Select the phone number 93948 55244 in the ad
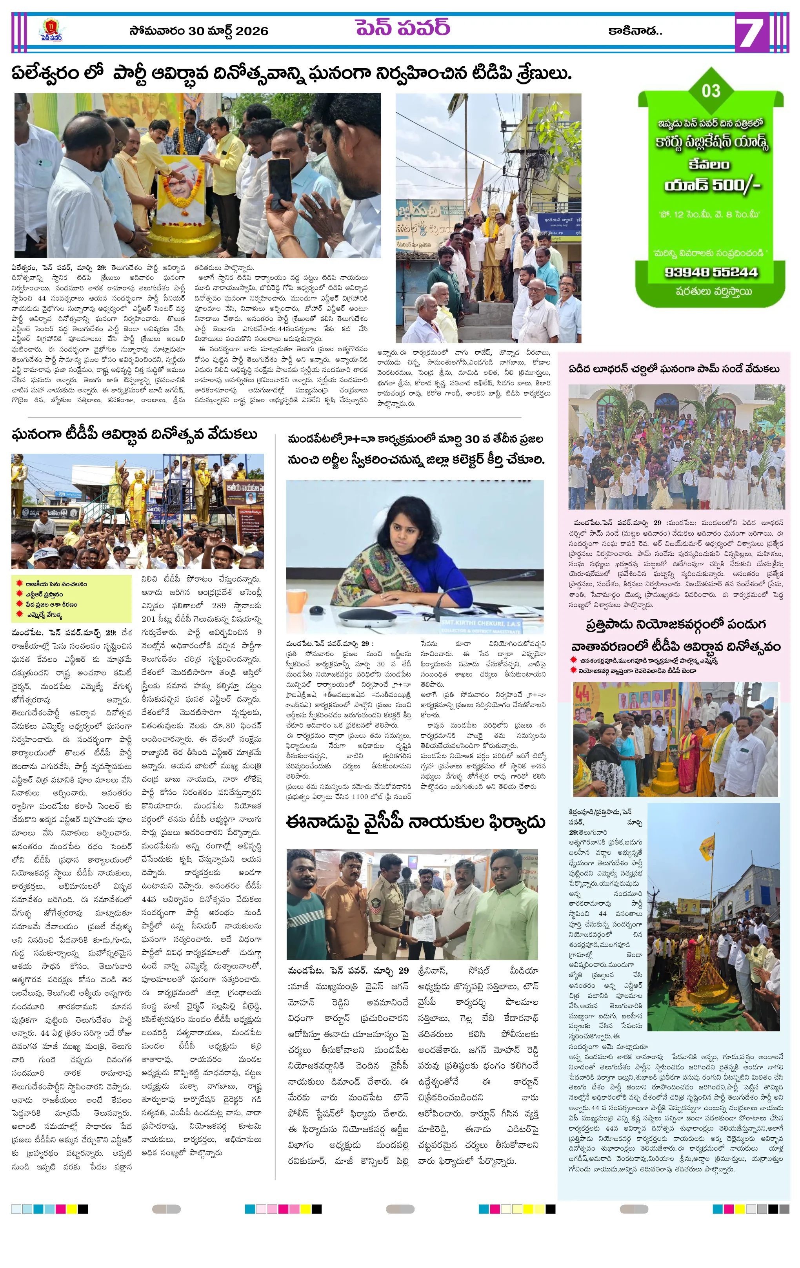click(x=711, y=272)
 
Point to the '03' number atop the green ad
click(x=711, y=91)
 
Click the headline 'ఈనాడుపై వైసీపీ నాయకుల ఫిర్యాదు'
click(x=415, y=823)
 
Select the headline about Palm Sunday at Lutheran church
click(x=674, y=369)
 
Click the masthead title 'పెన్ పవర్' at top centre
click(x=403, y=27)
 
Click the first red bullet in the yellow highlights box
click(x=19, y=584)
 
